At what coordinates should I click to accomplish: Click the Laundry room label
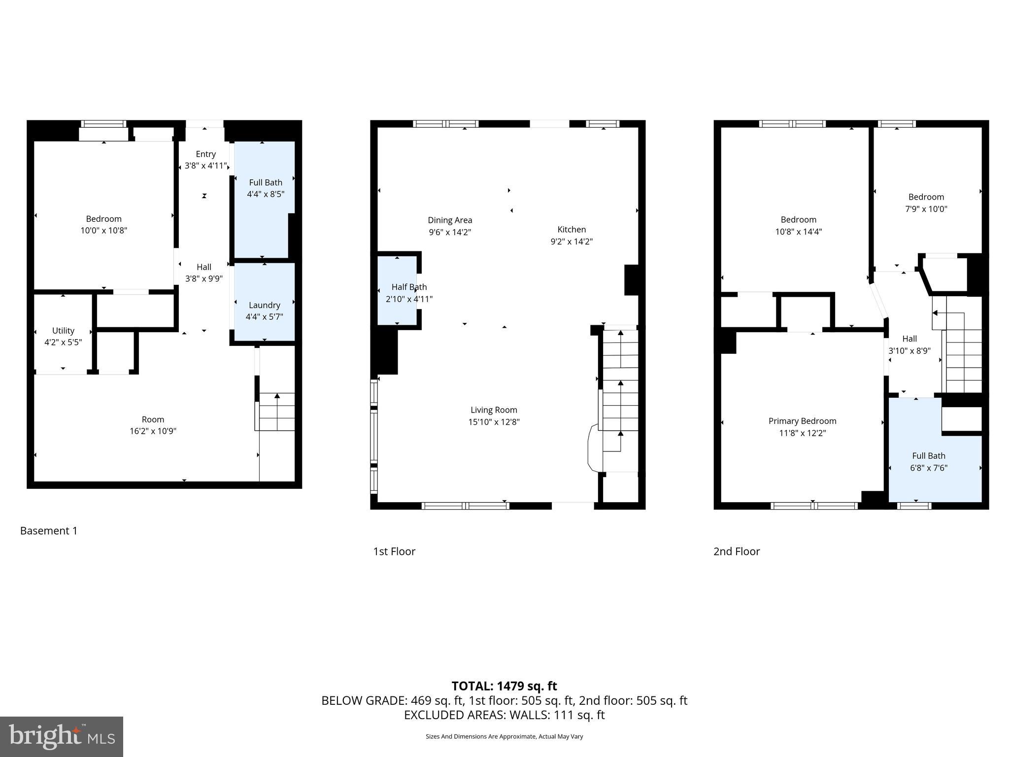click(264, 305)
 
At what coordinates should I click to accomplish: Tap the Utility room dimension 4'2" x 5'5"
click(63, 342)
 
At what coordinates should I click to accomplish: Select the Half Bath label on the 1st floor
click(409, 287)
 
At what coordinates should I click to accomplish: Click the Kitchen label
click(572, 229)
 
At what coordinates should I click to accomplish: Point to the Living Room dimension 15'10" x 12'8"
click(494, 422)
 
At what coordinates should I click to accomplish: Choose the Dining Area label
click(450, 220)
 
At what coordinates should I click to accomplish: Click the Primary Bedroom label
click(802, 421)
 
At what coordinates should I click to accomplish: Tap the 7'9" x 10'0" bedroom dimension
click(926, 208)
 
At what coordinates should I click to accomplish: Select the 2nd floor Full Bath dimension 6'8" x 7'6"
click(929, 468)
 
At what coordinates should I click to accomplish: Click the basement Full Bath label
click(266, 182)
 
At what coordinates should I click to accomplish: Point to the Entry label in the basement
click(205, 154)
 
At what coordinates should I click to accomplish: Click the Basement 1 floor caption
click(49, 531)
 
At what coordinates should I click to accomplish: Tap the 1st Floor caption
click(394, 551)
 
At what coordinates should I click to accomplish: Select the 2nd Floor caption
click(737, 551)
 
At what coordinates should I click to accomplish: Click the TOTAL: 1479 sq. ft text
click(504, 686)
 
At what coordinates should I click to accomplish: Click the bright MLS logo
click(62, 736)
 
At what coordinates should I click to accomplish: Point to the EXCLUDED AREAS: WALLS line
click(504, 715)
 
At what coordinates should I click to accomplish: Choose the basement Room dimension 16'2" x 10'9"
click(153, 431)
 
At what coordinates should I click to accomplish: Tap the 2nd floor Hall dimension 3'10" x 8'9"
click(909, 351)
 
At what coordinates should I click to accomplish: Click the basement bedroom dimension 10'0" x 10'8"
click(103, 230)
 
